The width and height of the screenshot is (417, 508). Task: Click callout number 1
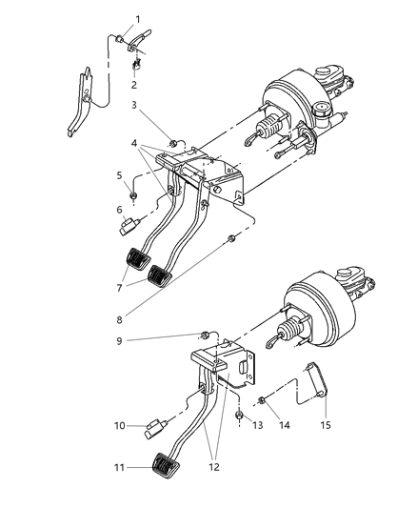(x=137, y=19)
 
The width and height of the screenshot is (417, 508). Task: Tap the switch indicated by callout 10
(x=153, y=428)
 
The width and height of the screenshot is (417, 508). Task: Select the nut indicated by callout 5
(x=137, y=196)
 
